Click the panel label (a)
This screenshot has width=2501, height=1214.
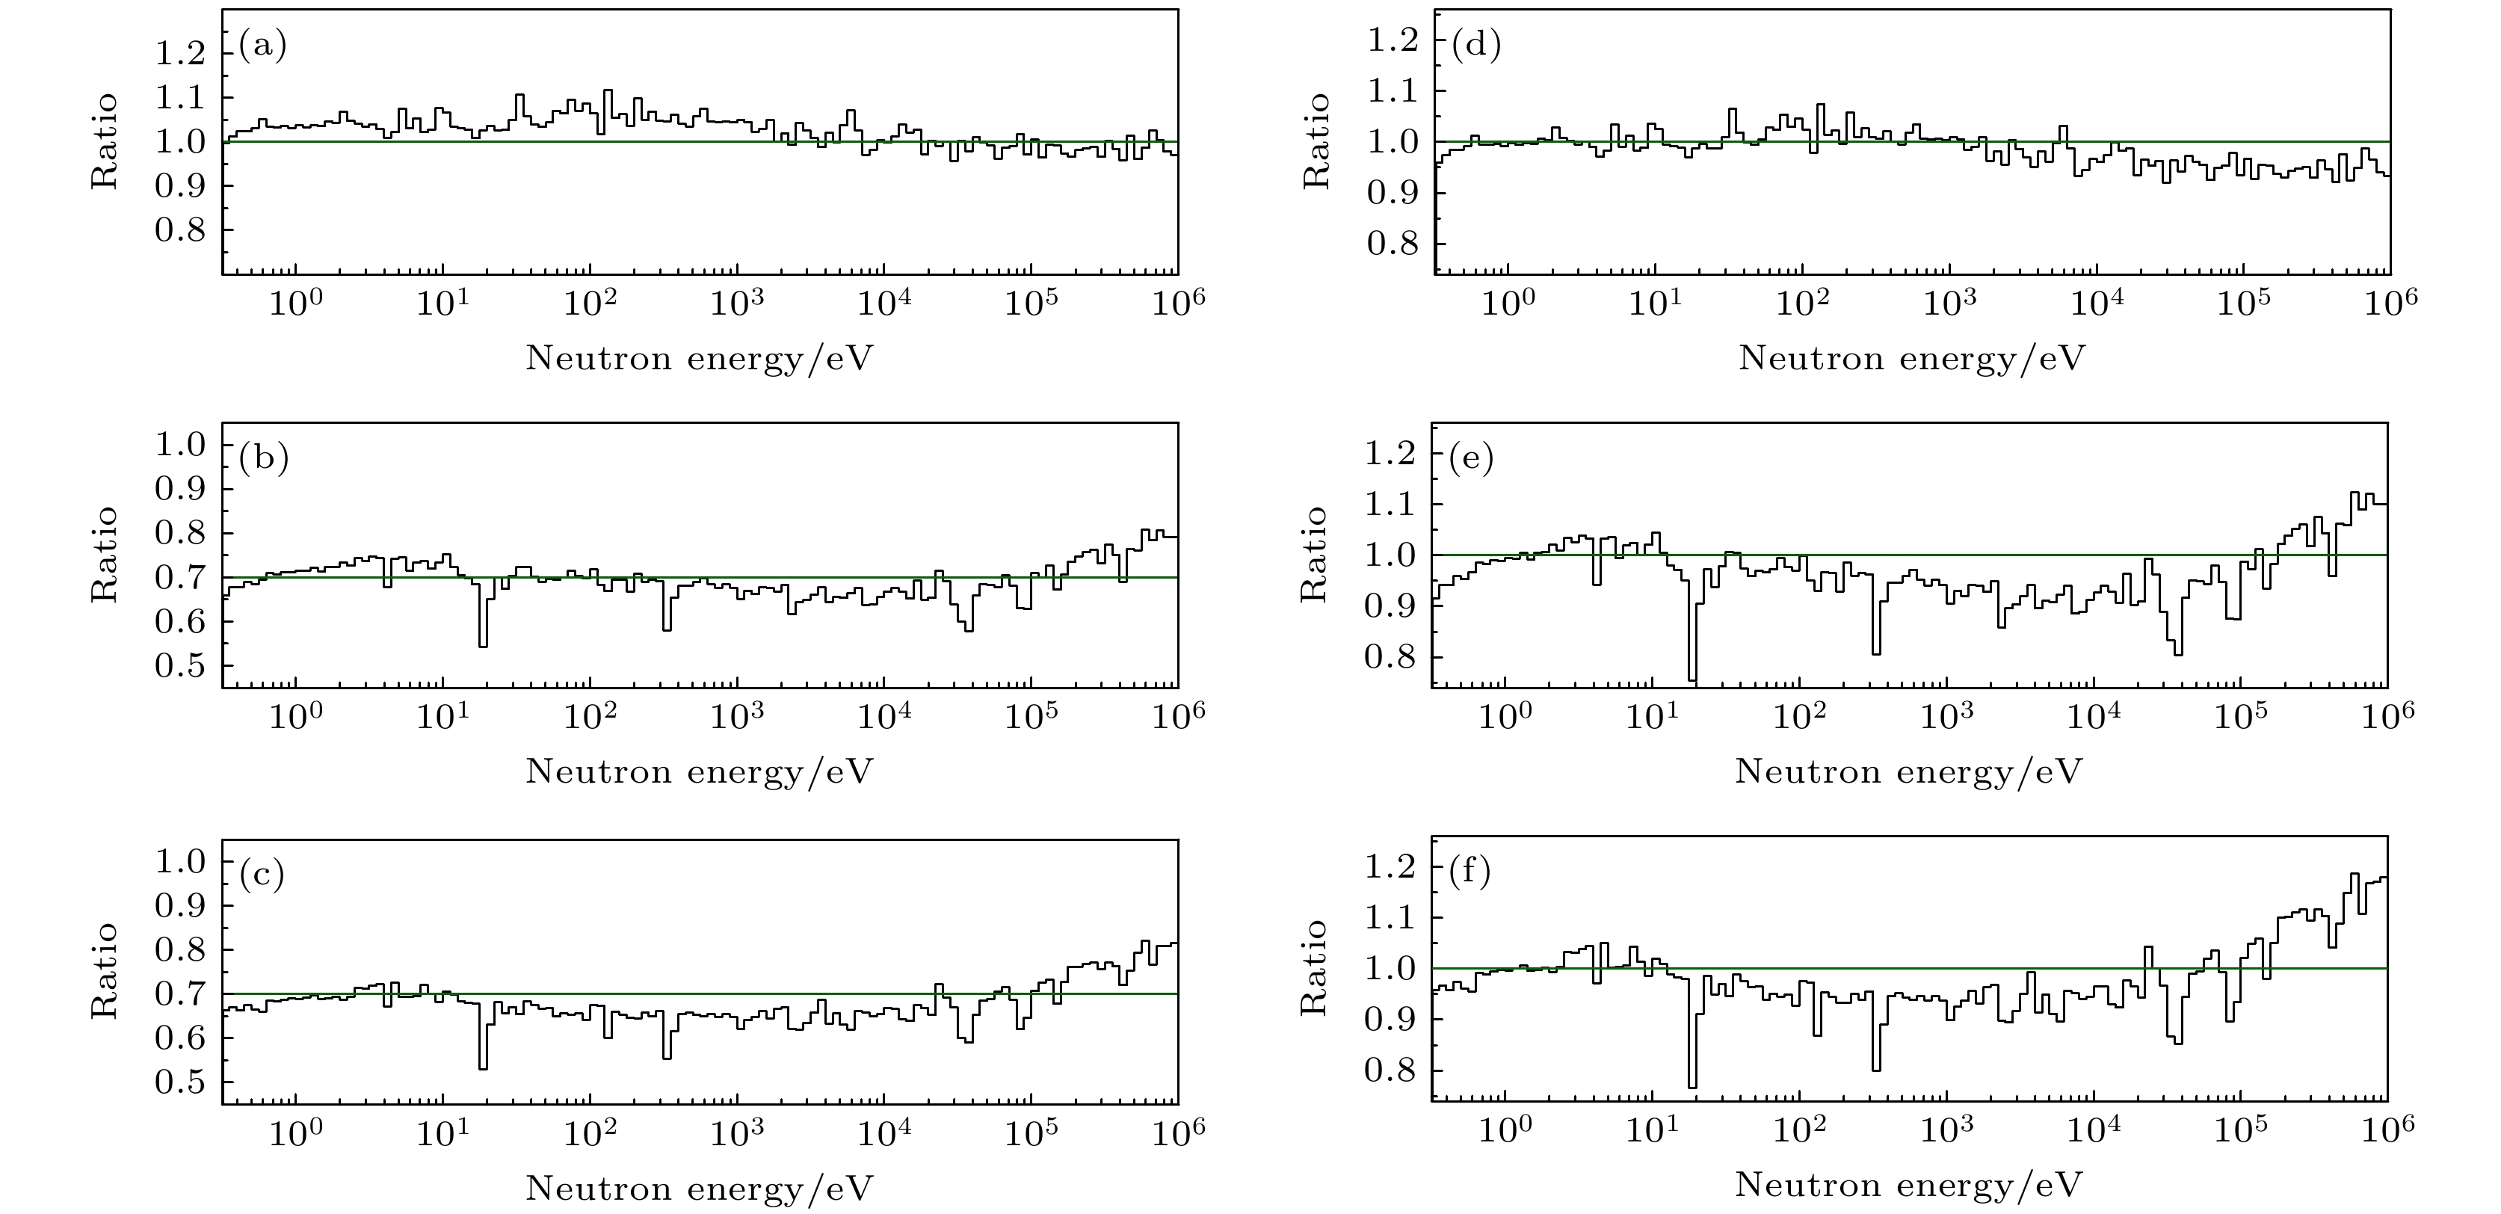(263, 46)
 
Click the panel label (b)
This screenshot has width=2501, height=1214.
(264, 458)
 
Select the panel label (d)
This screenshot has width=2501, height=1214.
(1475, 45)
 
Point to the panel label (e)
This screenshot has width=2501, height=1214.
(1472, 458)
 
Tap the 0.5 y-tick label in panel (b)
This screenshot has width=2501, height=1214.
(181, 666)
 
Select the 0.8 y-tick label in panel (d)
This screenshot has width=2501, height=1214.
(1393, 244)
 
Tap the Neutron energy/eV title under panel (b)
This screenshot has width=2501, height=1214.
(699, 772)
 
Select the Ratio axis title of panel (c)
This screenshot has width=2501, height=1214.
(105, 970)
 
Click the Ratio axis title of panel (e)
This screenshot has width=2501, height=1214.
(1313, 555)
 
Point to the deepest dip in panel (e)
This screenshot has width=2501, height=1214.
(1692, 680)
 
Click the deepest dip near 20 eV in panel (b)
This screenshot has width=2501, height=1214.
(483, 645)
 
